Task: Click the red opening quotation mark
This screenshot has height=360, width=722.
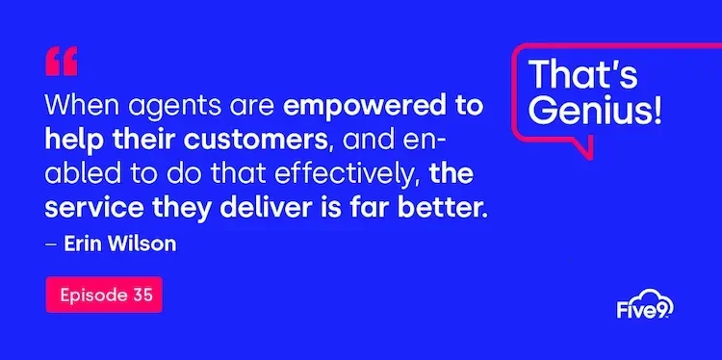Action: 61,62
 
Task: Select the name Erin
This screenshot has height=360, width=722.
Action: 83,244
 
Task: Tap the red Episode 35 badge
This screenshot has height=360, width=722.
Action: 104,295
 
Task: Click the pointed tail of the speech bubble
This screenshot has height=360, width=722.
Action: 584,150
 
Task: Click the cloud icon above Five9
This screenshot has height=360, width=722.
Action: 657,296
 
